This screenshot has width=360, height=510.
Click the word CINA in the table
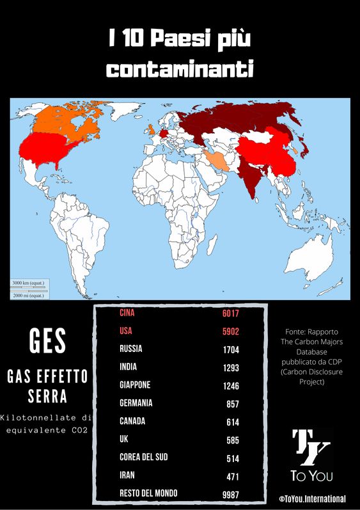(x=129, y=314)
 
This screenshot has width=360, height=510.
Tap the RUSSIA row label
(x=131, y=349)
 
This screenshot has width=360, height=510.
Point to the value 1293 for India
(x=230, y=368)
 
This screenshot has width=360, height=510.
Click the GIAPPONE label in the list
(x=135, y=385)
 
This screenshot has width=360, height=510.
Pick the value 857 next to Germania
(x=233, y=404)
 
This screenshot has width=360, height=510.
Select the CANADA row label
(x=132, y=421)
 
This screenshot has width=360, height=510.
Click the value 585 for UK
(x=233, y=440)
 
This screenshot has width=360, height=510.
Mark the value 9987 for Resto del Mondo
(x=230, y=494)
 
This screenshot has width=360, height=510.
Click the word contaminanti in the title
(x=180, y=68)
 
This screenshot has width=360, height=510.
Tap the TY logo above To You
(x=311, y=447)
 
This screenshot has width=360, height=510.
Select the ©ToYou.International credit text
(x=312, y=498)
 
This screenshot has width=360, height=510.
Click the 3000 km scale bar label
(x=27, y=282)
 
